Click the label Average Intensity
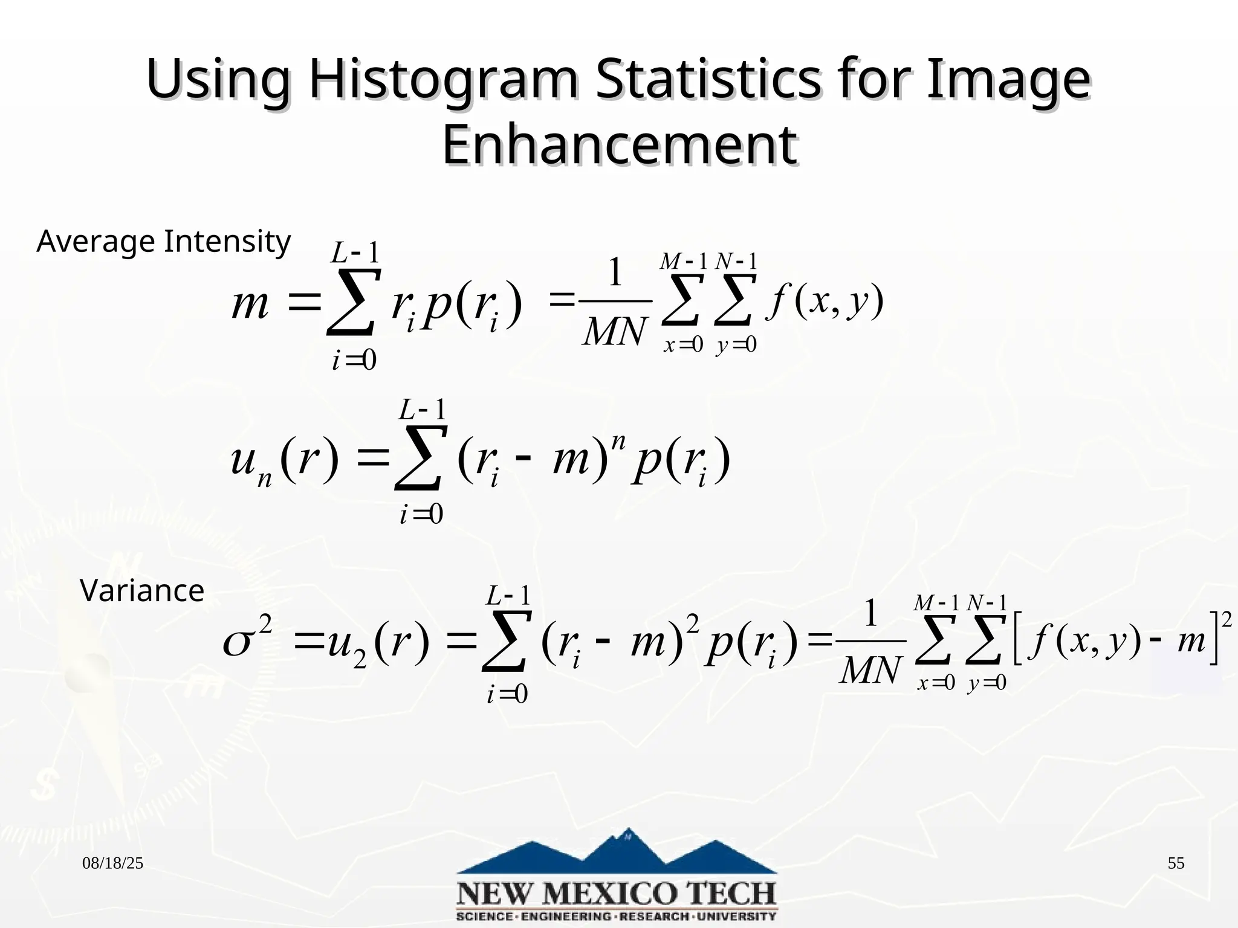[x=163, y=242]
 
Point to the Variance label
[x=142, y=590]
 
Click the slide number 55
[x=1176, y=863]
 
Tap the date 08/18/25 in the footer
[x=113, y=863]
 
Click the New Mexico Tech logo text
[x=617, y=894]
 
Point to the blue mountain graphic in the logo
[x=617, y=852]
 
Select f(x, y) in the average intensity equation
[x=825, y=300]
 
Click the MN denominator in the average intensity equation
[x=614, y=332]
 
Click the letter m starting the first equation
[x=250, y=304]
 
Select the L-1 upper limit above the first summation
[x=355, y=252]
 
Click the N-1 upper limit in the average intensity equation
[x=736, y=262]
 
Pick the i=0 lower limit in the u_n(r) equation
[x=421, y=515]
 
